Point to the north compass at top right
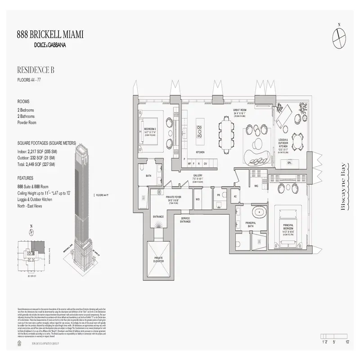click(339, 35)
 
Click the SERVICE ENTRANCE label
click(185, 220)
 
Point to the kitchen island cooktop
click(199, 130)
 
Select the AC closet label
click(235, 197)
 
